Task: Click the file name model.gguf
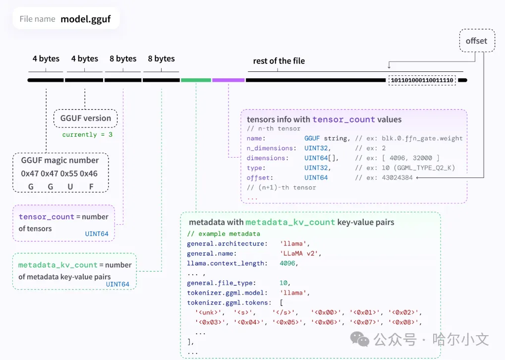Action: click(85, 19)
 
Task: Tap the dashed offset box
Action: click(476, 41)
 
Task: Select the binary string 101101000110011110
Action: click(422, 80)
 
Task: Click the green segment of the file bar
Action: click(196, 80)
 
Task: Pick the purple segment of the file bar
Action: click(228, 80)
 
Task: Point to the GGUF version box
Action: click(85, 118)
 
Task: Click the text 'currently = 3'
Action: click(87, 134)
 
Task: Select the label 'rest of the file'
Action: click(279, 61)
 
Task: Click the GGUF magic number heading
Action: click(59, 160)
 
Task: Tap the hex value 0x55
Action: click(70, 174)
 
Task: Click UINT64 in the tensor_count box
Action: click(97, 234)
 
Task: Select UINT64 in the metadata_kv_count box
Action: click(117, 284)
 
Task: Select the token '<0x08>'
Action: click(404, 322)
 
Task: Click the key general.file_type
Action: click(221, 283)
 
